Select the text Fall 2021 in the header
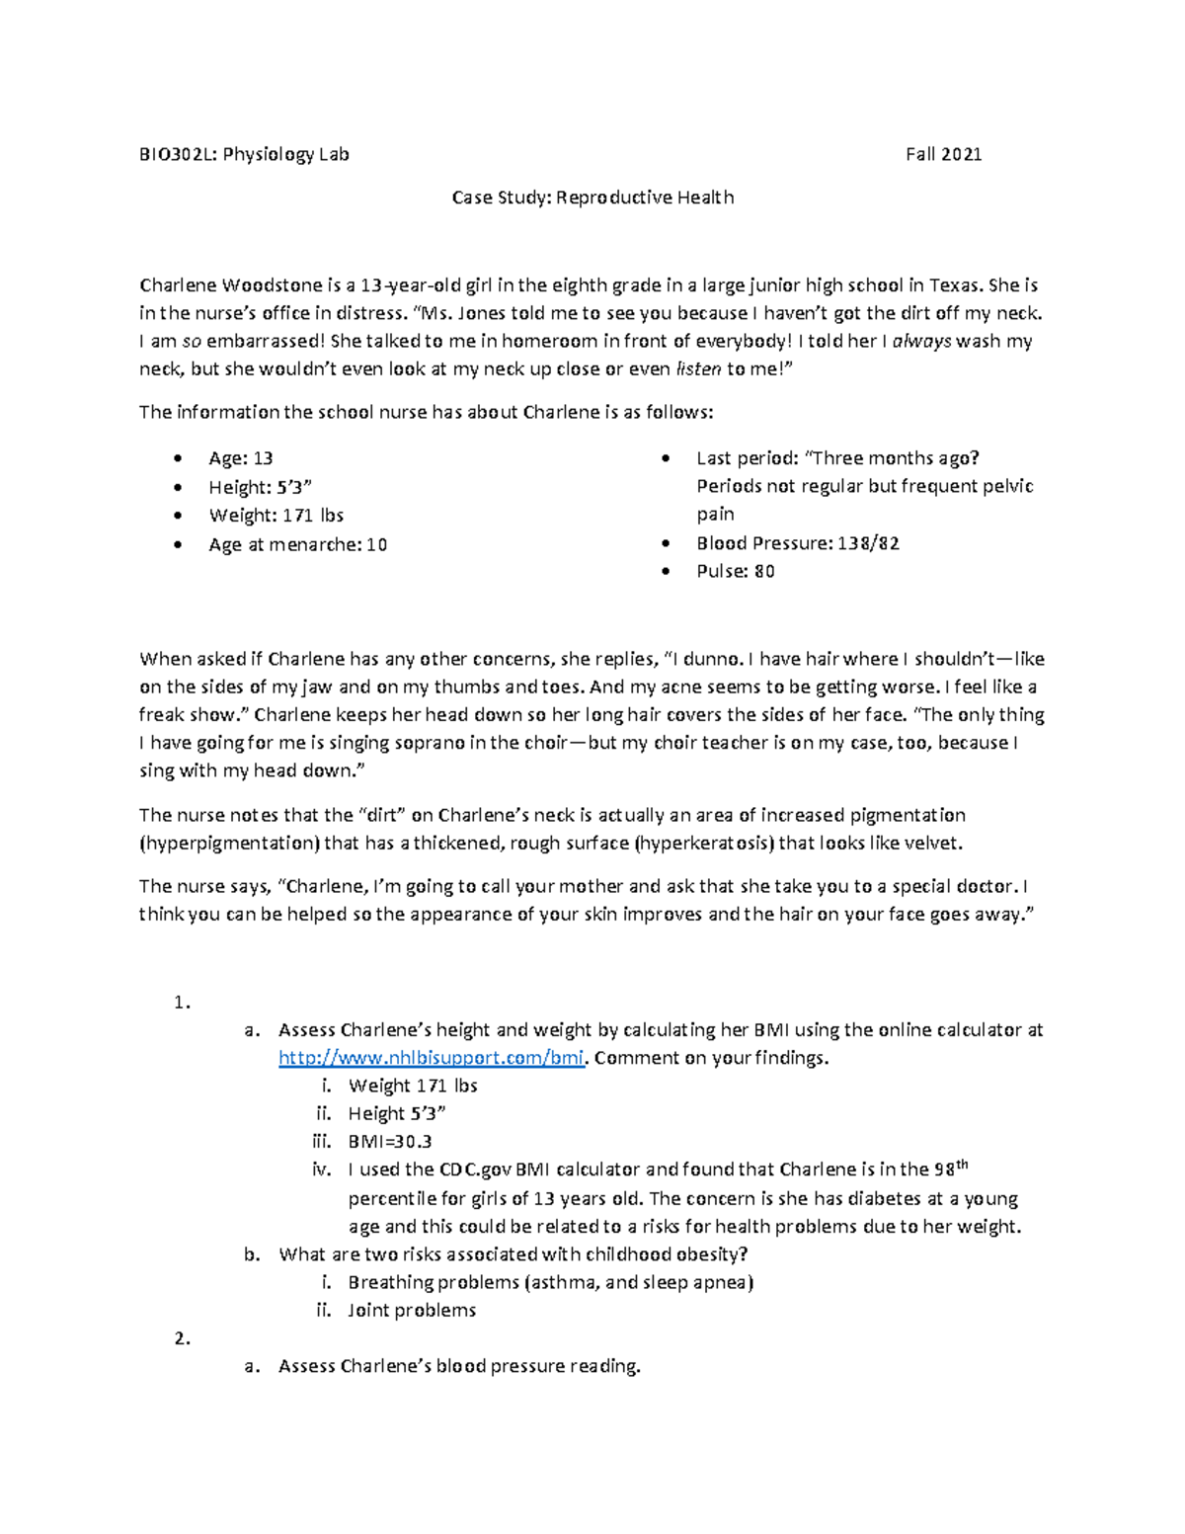point(943,154)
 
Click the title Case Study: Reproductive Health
point(592,198)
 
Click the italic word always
point(922,342)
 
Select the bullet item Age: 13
point(240,458)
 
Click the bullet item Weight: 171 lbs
point(276,516)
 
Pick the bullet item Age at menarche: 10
point(297,544)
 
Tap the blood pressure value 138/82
point(867,543)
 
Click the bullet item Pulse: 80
point(735,572)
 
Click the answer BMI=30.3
point(389,1142)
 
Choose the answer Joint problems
point(411,1311)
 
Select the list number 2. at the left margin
point(181,1339)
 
